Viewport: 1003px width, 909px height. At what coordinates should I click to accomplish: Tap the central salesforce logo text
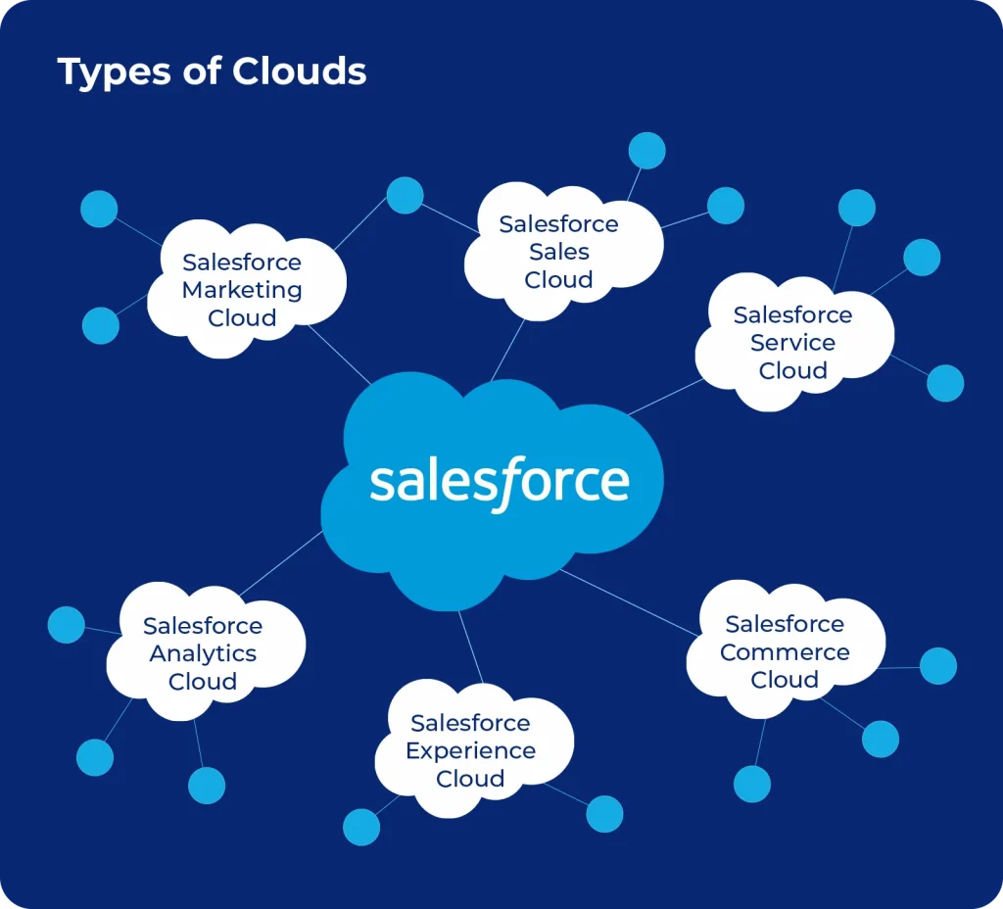click(500, 482)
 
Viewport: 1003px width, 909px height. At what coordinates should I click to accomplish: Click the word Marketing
click(242, 291)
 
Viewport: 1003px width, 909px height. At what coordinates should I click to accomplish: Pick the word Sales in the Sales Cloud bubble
click(559, 252)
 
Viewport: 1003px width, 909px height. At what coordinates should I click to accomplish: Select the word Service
click(793, 343)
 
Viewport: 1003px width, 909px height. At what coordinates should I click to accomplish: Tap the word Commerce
click(785, 652)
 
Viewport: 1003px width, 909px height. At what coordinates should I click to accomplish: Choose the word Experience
click(470, 751)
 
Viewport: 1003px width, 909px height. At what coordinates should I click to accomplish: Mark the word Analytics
click(203, 653)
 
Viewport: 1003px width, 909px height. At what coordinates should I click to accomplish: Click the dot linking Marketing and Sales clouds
click(405, 195)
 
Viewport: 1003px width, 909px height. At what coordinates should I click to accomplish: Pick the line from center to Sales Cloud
click(507, 349)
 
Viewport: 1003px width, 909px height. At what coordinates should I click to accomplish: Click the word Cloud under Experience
click(470, 779)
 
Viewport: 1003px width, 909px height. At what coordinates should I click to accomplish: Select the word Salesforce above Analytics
click(203, 626)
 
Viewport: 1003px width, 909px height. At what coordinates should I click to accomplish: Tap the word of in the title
click(203, 72)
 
